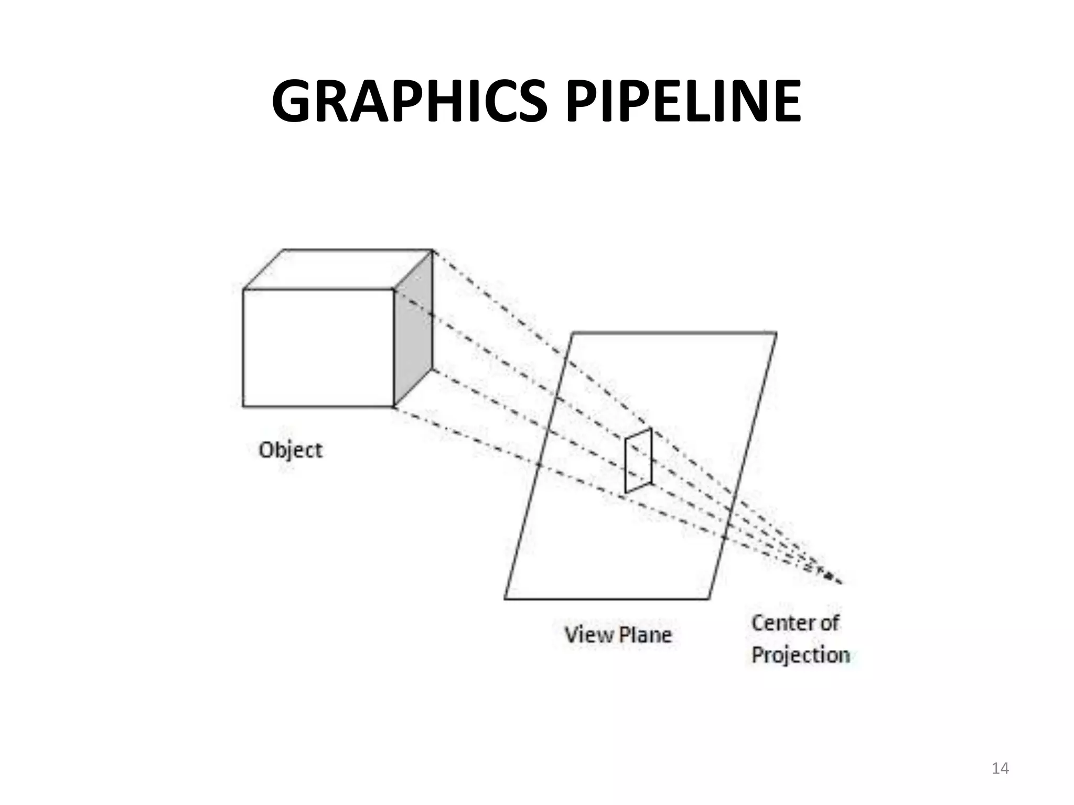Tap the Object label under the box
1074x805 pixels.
click(291, 450)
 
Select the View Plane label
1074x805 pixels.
click(618, 635)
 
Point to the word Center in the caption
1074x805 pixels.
click(778, 623)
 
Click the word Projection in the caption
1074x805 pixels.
click(800, 655)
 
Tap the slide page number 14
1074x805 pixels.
click(1000, 768)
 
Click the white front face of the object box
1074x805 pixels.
click(318, 347)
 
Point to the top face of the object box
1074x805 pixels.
click(338, 269)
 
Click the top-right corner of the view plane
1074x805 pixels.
click(776, 332)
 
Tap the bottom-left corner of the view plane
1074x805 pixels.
click(505, 599)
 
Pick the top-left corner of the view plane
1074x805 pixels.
click(573, 332)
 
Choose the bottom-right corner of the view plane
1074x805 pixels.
click(709, 599)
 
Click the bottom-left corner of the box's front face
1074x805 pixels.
click(243, 406)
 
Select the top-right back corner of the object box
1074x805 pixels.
click(433, 250)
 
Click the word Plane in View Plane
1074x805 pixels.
click(646, 635)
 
